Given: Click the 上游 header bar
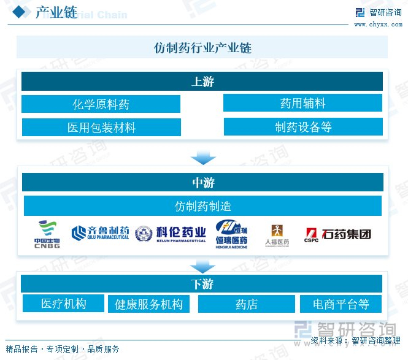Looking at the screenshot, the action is click(x=202, y=82).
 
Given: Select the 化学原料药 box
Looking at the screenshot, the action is click(x=101, y=104).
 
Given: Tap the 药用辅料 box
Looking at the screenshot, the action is click(x=302, y=103).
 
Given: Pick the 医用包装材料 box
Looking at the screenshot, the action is click(x=101, y=127).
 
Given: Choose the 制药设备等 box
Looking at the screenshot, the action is click(x=302, y=127).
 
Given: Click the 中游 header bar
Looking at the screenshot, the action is click(x=202, y=182).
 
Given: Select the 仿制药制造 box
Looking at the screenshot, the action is click(x=202, y=205).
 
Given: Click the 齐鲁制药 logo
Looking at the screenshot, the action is click(x=100, y=233).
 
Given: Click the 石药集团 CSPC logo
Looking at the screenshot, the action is click(x=337, y=234).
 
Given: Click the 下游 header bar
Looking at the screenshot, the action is click(x=202, y=284).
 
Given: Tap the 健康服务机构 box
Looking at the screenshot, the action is click(x=148, y=304).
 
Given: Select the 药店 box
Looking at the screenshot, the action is click(x=246, y=304).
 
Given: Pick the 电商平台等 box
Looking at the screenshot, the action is click(x=341, y=304).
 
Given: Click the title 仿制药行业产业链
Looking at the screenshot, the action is click(x=202, y=47).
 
